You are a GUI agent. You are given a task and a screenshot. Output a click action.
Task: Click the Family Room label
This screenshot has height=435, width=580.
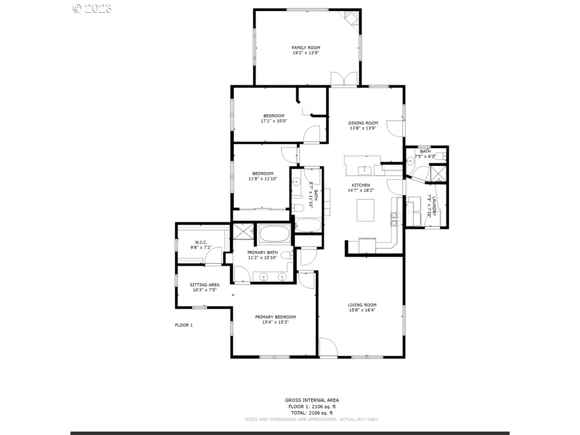(306, 47)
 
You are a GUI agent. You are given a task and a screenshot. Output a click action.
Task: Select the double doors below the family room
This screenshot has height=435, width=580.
(344, 80)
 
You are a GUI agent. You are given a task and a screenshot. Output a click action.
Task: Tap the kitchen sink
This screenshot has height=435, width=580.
(364, 170)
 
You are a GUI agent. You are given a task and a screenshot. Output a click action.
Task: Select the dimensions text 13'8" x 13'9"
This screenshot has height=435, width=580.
(363, 129)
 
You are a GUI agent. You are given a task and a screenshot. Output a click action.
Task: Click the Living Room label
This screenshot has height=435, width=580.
(362, 305)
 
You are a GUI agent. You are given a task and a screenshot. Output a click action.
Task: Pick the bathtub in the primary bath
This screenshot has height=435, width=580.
(274, 234)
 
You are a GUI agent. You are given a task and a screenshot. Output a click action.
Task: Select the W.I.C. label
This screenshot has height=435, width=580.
(201, 242)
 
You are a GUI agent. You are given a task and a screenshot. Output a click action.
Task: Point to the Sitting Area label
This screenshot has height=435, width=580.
(204, 284)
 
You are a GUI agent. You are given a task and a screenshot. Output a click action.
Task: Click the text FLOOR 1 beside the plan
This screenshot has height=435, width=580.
(184, 325)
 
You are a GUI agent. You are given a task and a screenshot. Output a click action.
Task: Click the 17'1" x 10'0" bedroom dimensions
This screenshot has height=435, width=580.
(274, 121)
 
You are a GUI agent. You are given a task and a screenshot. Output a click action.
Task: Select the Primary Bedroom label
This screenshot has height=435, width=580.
(275, 317)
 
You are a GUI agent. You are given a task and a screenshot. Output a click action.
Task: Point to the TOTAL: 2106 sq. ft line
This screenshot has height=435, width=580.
(312, 413)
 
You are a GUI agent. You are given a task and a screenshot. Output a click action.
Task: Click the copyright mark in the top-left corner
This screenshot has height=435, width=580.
(77, 8)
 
